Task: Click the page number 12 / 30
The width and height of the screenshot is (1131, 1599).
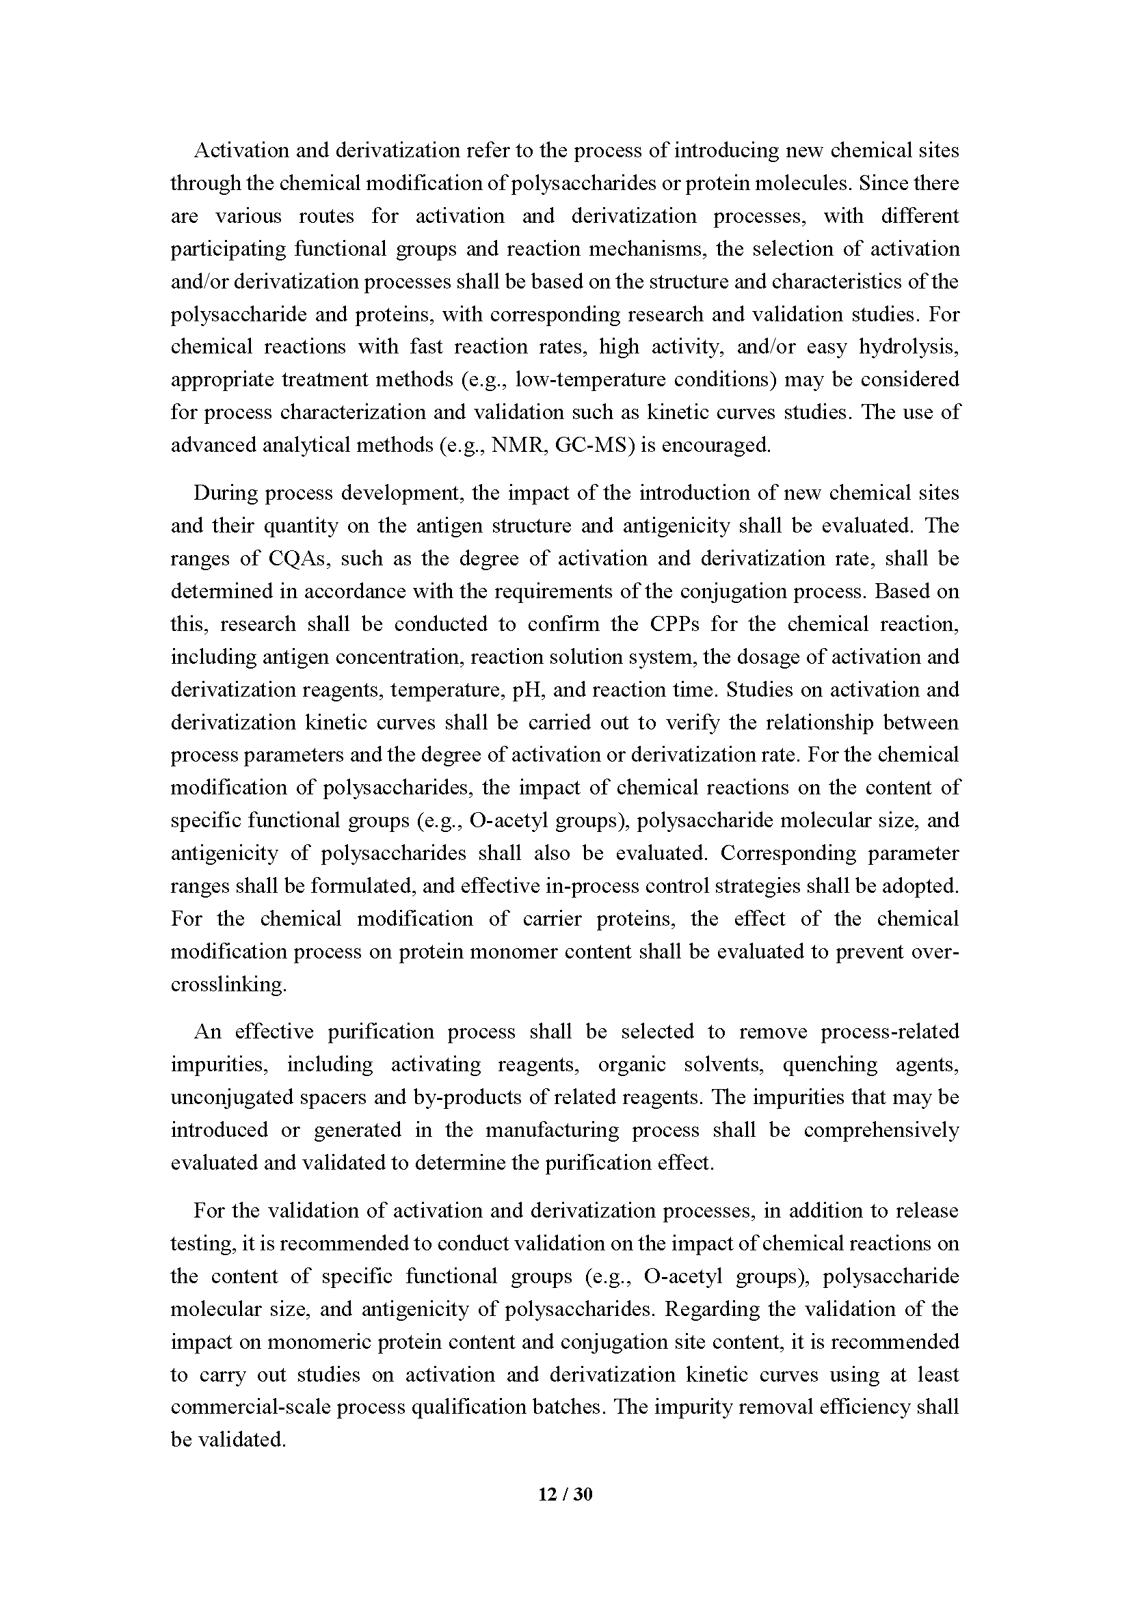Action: (x=565, y=1494)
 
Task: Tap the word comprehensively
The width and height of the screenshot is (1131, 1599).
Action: (x=881, y=1129)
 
